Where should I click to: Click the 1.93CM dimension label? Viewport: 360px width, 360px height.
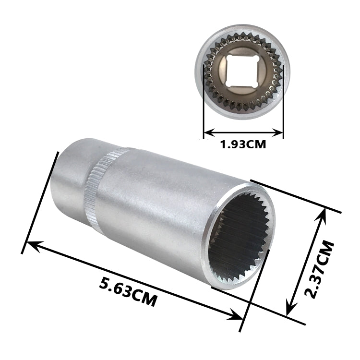(x=243, y=144)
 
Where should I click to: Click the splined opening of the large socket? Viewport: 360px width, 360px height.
(x=239, y=239)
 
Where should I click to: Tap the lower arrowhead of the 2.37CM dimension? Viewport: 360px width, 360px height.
(x=289, y=310)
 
